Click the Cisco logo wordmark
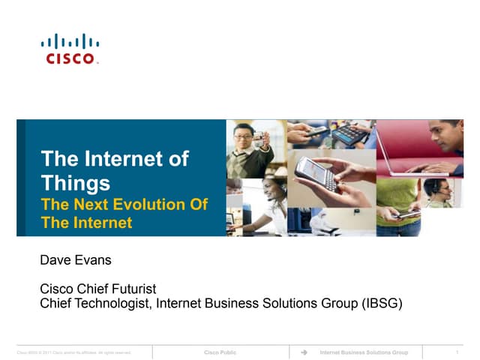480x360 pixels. pyautogui.click(x=70, y=58)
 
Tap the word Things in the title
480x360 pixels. pyautogui.click(x=76, y=182)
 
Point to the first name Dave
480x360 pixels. pyautogui.click(x=56, y=260)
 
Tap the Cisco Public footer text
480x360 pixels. pyautogui.click(x=220, y=352)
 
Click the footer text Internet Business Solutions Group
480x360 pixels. pyautogui.click(x=364, y=352)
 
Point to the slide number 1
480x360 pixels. pyautogui.click(x=457, y=352)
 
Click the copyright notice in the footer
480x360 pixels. pyautogui.click(x=74, y=352)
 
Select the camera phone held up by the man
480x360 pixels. pyautogui.click(x=259, y=138)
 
